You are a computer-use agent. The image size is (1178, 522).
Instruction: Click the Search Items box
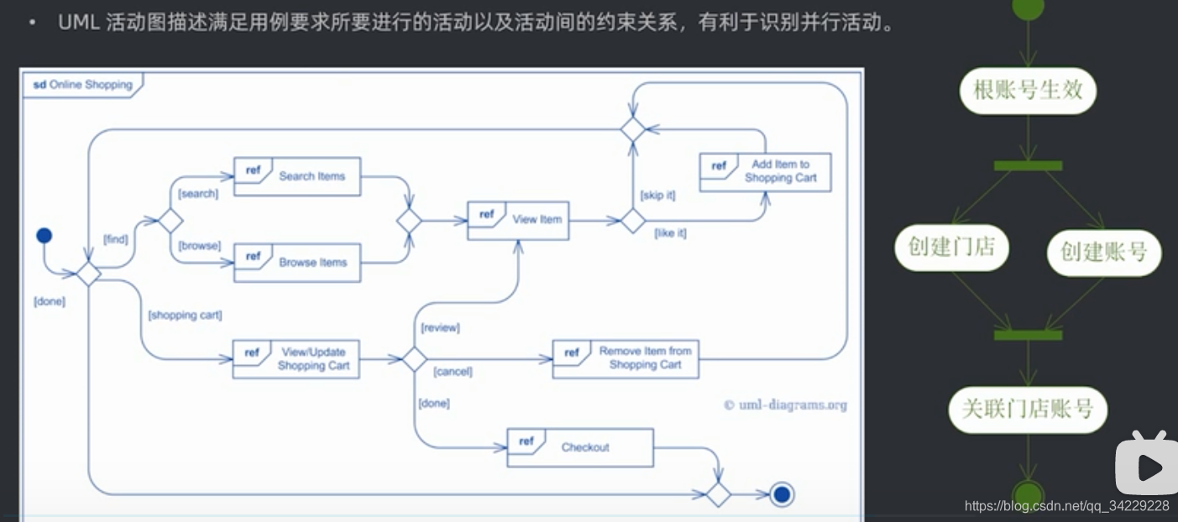pyautogui.click(x=297, y=176)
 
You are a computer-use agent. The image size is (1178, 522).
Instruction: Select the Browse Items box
pyautogui.click(x=297, y=263)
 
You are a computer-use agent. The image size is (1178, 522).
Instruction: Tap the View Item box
pyautogui.click(x=519, y=220)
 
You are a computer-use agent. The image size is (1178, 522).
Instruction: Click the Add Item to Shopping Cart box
pyautogui.click(x=765, y=172)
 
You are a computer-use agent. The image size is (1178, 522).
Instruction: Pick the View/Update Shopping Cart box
pyautogui.click(x=296, y=359)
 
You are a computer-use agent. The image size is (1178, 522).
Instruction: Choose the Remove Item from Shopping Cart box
pyautogui.click(x=626, y=358)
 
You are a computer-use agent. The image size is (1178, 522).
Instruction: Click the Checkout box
pyautogui.click(x=579, y=447)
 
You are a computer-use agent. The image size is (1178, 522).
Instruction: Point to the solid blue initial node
pyautogui.click(x=45, y=235)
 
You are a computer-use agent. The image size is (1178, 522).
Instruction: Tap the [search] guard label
pyautogui.click(x=198, y=194)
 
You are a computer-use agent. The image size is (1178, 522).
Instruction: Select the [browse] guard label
pyautogui.click(x=199, y=246)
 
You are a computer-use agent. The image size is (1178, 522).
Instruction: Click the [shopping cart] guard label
pyautogui.click(x=185, y=316)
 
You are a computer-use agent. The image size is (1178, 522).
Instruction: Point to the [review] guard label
pyautogui.click(x=440, y=327)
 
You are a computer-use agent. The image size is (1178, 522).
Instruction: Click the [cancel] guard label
pyautogui.click(x=453, y=371)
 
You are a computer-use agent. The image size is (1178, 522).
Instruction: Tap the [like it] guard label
pyautogui.click(x=670, y=233)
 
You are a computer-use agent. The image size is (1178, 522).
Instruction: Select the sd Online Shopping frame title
pyautogui.click(x=83, y=85)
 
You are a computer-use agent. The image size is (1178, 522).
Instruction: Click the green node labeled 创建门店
pyautogui.click(x=951, y=247)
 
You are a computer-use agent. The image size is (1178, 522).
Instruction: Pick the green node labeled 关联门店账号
pyautogui.click(x=1028, y=409)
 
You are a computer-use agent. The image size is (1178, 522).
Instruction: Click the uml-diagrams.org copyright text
pyautogui.click(x=785, y=405)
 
